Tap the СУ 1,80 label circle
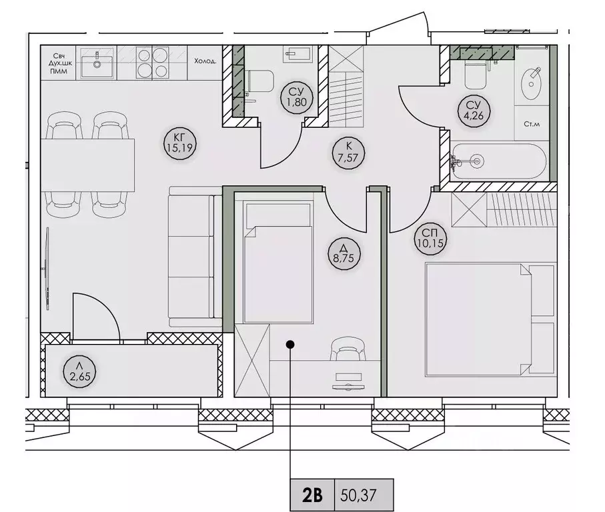coord(296,97)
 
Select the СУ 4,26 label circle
coord(474,111)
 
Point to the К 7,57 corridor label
coord(348,152)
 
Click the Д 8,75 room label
coord(344,253)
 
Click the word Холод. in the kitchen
coord(205,61)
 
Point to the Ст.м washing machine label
coord(532,124)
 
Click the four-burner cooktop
coord(152,63)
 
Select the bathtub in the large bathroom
coord(499,161)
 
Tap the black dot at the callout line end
coord(291,344)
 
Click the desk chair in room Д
coord(348,349)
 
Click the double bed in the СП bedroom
coord(491,319)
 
